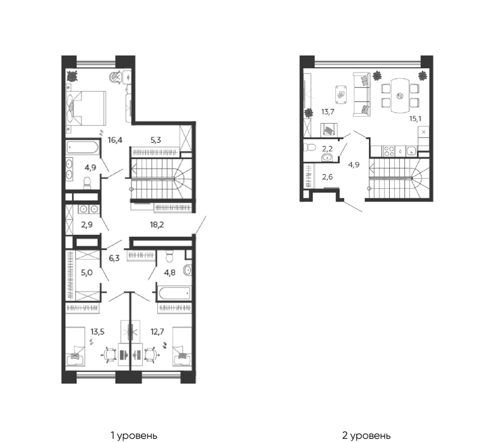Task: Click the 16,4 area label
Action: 115,140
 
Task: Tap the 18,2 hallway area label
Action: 157,224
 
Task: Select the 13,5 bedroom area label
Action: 97,331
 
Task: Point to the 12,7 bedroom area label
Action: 157,331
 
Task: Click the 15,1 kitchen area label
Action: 415,119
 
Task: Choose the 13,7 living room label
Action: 328,111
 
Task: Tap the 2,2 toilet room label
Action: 327,148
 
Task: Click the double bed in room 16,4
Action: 87,108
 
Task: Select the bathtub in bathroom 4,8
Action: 174,293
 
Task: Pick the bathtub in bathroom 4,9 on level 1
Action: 82,147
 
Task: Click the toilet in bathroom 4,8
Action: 169,256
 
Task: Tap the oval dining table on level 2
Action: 400,95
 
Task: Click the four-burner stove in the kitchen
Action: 389,151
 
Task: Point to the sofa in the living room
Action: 362,94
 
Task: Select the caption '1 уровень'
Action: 134,436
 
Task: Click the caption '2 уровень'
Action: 366,436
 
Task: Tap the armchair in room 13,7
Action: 329,129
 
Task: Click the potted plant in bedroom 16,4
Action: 72,76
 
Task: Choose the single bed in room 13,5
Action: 75,347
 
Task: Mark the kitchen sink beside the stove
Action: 412,151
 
